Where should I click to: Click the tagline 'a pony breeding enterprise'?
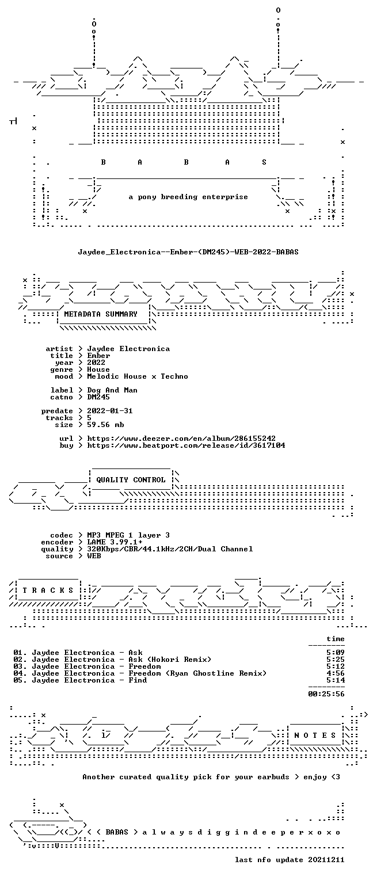point(188,197)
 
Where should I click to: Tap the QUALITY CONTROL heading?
point(131,480)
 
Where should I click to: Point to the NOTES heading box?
point(315,735)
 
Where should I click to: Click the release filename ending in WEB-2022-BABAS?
point(188,252)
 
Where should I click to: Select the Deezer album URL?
point(181,439)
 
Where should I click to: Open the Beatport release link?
point(186,445)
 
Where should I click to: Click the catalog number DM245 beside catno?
point(98,397)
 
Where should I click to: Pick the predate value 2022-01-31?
point(110,411)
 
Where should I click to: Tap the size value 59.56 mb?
point(105,425)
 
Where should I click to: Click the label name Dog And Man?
point(112,390)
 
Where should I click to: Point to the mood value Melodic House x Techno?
point(138,376)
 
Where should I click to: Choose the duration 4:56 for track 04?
point(336,673)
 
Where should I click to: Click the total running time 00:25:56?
point(326,694)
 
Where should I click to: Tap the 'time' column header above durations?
point(336,639)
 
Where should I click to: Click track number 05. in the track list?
point(20,680)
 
